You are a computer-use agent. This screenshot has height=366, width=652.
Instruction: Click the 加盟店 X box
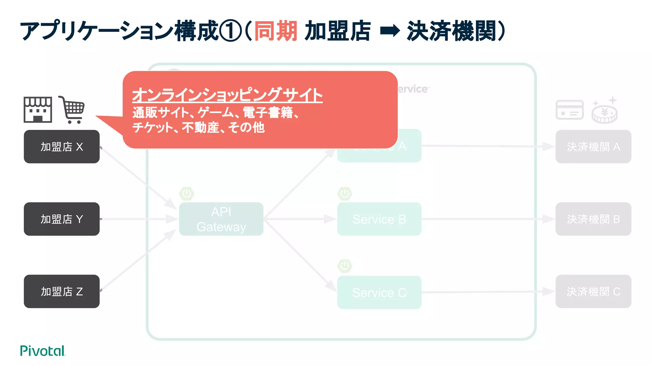[61, 146]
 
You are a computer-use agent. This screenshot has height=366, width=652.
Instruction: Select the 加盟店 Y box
[61, 219]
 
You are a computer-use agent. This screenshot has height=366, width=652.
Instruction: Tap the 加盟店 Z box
[61, 291]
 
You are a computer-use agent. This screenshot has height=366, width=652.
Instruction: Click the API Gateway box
[221, 219]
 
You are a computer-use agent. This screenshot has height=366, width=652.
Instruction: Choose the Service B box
[379, 219]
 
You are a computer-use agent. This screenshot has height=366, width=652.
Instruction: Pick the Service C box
[379, 292]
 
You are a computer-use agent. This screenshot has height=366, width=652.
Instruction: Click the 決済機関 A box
[593, 146]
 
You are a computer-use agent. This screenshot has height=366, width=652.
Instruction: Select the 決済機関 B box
[593, 219]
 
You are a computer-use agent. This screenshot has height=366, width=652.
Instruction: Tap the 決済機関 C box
[593, 291]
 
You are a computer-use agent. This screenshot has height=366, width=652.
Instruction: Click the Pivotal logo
[43, 351]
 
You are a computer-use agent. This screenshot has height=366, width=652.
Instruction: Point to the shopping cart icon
[72, 110]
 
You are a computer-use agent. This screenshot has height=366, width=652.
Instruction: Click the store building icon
[38, 110]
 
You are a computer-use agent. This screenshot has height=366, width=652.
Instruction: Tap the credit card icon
[570, 110]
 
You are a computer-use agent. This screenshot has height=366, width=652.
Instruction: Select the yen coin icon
[605, 112]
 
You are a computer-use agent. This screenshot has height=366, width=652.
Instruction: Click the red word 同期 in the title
[276, 31]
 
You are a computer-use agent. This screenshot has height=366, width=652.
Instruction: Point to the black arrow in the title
[390, 31]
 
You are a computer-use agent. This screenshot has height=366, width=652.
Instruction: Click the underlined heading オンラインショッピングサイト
[227, 95]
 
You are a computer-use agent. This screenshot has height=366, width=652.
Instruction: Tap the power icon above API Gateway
[187, 193]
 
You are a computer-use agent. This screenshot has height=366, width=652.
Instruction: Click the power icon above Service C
[345, 266]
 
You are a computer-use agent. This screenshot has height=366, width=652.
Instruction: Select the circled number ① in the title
[231, 31]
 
